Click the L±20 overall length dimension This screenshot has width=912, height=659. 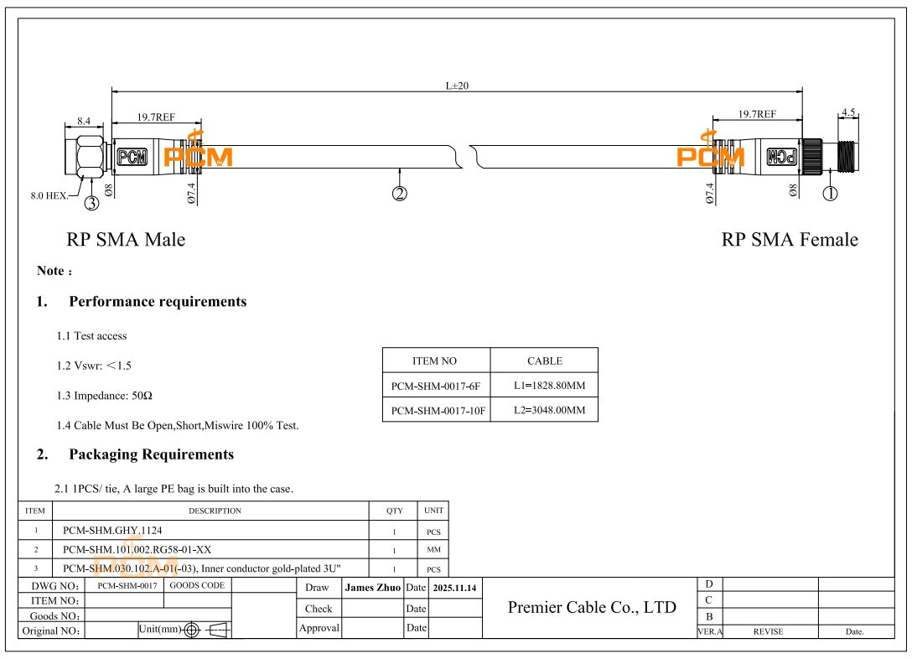457,86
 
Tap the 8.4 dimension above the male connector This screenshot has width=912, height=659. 84,121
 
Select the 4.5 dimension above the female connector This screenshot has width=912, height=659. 848,112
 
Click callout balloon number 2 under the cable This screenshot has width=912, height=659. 400,194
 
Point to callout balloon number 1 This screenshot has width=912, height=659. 830,194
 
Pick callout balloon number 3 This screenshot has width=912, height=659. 91,202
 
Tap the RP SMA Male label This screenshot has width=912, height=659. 126,240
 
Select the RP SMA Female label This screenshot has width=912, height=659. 790,240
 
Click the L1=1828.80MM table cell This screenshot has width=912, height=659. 544,386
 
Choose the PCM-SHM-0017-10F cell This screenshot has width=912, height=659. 436,410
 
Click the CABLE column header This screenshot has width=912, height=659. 544,361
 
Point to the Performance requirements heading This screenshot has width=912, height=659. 158,302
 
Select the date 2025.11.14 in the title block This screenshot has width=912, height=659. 454,589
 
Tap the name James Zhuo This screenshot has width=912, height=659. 373,588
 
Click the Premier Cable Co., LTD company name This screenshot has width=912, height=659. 592,607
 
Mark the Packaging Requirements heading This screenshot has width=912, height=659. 151,454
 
